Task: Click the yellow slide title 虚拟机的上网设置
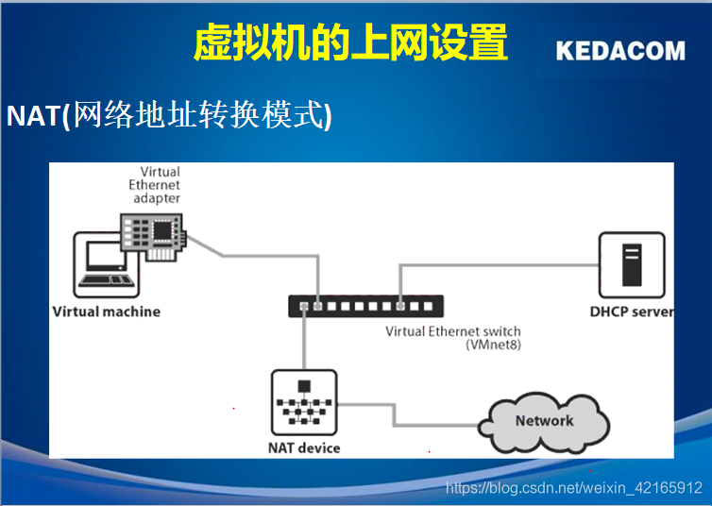click(x=350, y=43)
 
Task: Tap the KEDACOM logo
click(x=620, y=51)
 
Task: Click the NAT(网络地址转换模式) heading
click(x=170, y=116)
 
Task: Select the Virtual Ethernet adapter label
click(x=155, y=186)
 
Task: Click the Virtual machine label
click(x=107, y=312)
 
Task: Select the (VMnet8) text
click(x=493, y=346)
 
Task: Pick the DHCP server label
click(x=631, y=312)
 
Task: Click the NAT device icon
click(x=304, y=403)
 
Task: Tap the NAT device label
click(x=304, y=447)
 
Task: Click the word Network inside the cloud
click(x=544, y=421)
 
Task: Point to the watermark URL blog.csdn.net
click(x=573, y=488)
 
